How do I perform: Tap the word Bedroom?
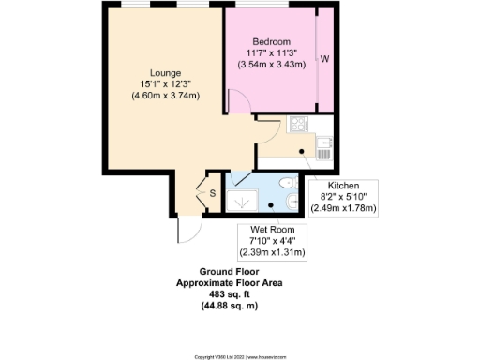coord(269,42)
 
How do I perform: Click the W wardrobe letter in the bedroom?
coord(325,59)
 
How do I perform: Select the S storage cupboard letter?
coord(212,193)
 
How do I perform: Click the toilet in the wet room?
coord(289,184)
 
